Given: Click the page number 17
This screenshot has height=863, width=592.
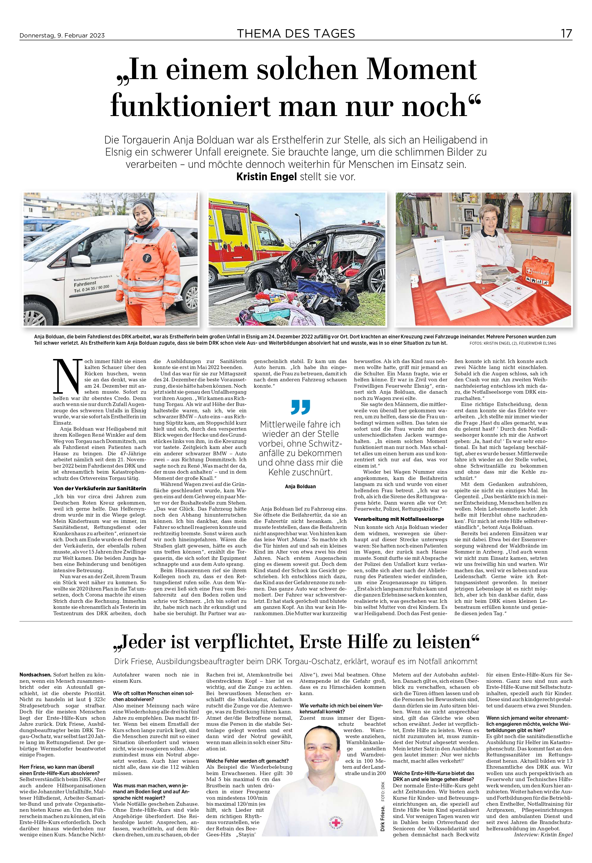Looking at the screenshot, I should pyautogui.click(x=566, y=34).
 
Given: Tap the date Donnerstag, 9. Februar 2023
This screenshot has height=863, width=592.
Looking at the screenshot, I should pyautogui.click(x=62, y=36).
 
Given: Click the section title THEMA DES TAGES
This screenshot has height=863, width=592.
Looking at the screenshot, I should pyautogui.click(x=296, y=34).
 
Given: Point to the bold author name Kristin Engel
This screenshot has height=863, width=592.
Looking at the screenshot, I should pyautogui.click(x=266, y=177).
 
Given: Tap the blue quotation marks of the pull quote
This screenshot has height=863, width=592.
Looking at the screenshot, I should pyautogui.click(x=300, y=407).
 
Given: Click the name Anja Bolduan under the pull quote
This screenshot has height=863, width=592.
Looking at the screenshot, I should pyautogui.click(x=300, y=487).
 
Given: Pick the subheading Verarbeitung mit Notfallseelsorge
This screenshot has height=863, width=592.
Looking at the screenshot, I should pyautogui.click(x=399, y=519).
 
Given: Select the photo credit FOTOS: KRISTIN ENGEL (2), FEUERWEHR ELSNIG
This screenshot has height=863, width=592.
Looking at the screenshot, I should pyautogui.click(x=513, y=344).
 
